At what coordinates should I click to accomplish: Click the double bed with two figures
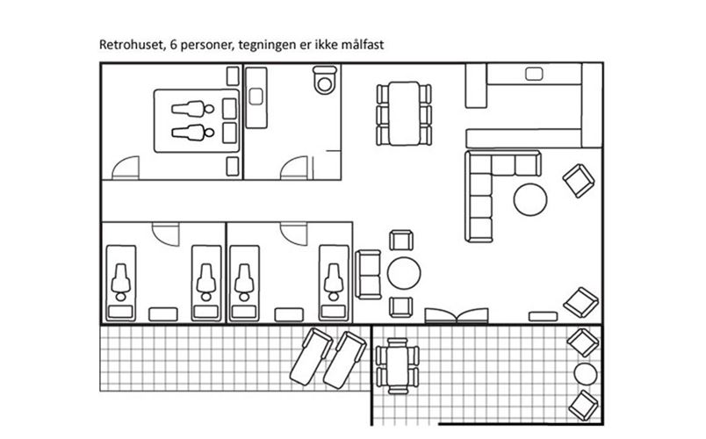pyautogui.click(x=196, y=120)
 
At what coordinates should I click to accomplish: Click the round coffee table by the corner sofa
pyautogui.click(x=530, y=199)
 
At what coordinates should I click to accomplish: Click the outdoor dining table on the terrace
pyautogui.click(x=394, y=363)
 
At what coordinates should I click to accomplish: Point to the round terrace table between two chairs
pyautogui.click(x=582, y=374)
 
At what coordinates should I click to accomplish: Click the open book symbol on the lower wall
pyautogui.click(x=456, y=315)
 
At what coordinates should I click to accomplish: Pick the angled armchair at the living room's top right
pyautogui.click(x=578, y=181)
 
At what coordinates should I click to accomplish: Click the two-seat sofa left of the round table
pyautogui.click(x=369, y=272)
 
